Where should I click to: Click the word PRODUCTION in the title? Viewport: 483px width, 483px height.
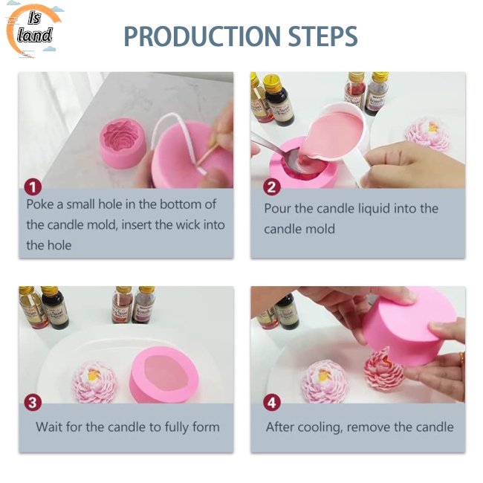point(203,36)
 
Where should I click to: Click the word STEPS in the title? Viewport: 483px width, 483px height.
point(322,36)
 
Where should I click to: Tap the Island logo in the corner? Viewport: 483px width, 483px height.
point(33,30)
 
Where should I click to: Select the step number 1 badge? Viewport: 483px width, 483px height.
point(33,187)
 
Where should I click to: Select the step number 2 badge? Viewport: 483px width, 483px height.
point(272,187)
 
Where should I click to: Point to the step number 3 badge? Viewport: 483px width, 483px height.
point(33,403)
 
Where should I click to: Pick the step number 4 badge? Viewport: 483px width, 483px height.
point(272,403)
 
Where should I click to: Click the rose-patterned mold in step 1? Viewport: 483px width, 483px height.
point(123,143)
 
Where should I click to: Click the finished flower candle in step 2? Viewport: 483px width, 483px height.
point(427,134)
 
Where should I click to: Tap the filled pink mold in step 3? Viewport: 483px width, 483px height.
point(164,375)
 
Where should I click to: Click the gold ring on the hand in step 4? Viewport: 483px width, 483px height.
point(461,358)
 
